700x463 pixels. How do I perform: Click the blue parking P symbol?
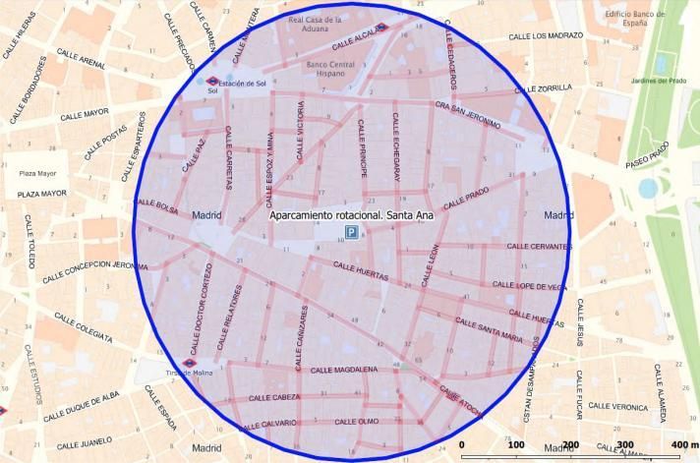point(351,233)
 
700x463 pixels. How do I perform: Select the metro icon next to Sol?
point(211,83)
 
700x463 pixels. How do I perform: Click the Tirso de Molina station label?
point(191,374)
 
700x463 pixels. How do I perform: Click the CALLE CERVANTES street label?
point(538,247)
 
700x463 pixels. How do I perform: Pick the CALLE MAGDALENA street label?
point(343,370)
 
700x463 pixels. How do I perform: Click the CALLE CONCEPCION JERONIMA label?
point(94,265)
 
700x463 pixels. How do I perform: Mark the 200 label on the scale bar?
point(570,445)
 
